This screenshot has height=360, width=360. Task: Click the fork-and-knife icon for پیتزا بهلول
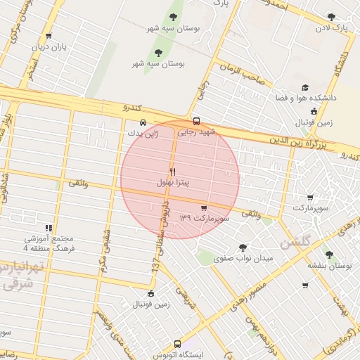click(x=172, y=172)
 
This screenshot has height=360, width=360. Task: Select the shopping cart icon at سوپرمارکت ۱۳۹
click(x=204, y=208)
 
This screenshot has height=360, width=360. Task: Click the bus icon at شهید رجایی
click(x=196, y=120)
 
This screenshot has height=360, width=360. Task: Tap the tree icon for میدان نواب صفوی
click(x=243, y=247)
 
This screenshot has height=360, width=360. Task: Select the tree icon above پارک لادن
click(x=331, y=17)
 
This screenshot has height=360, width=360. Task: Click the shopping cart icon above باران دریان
click(x=48, y=36)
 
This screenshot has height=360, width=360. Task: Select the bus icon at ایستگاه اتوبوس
click(x=177, y=345)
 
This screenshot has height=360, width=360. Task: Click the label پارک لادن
click(x=331, y=28)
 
